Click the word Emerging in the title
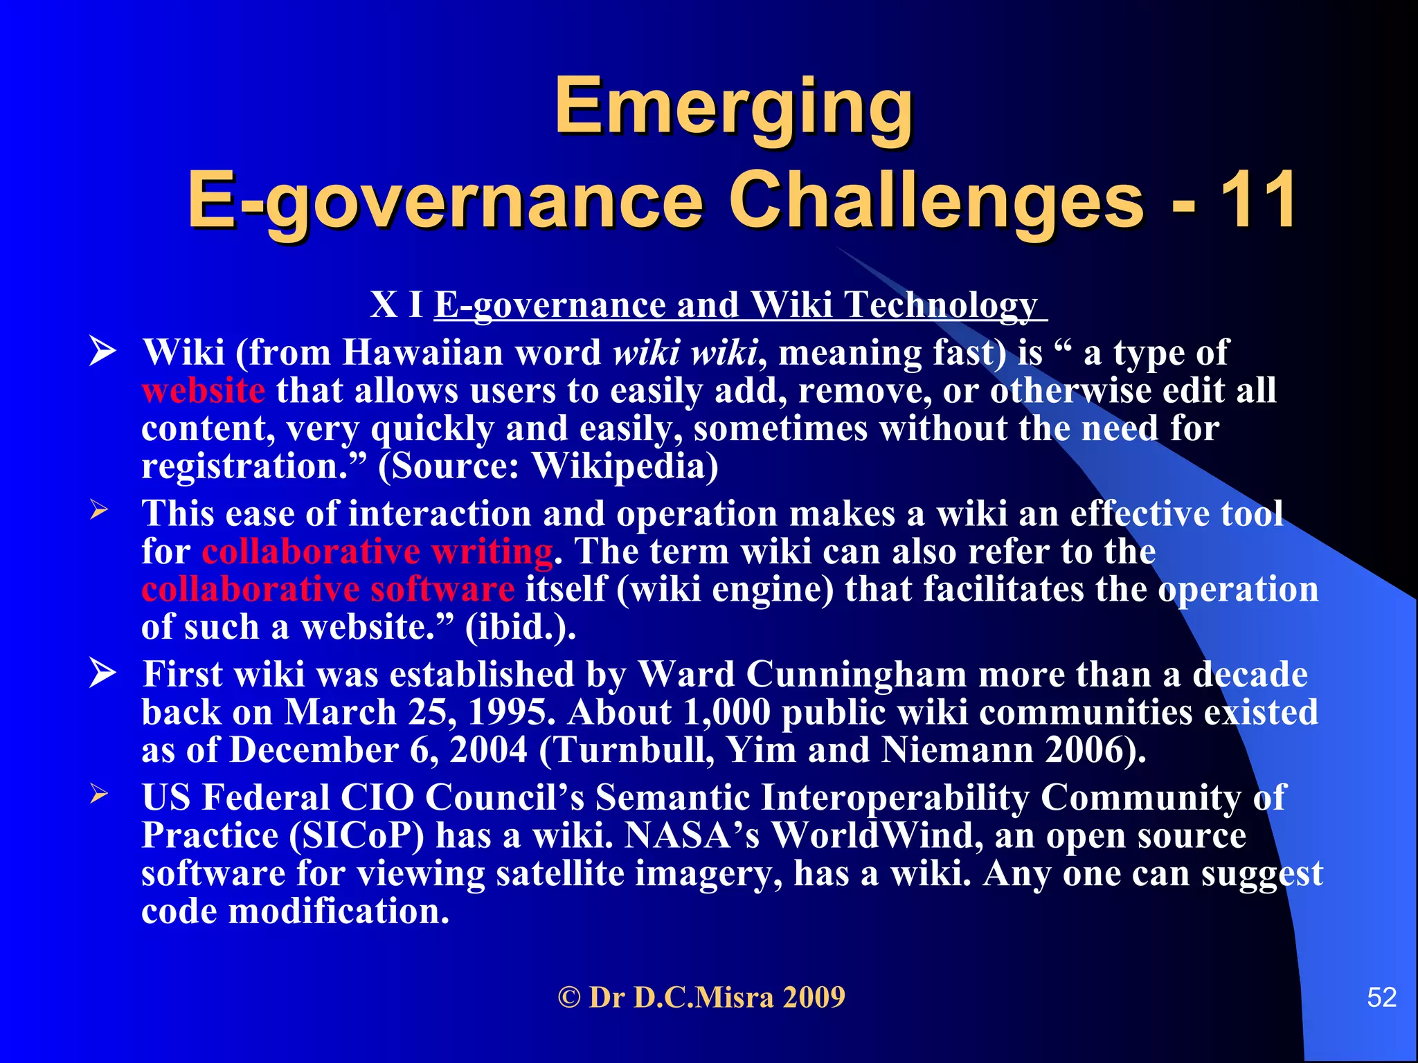[x=734, y=107]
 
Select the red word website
[x=203, y=391]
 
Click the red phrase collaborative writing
[x=377, y=552]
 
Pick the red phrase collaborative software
[x=327, y=590]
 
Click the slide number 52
[x=1381, y=997]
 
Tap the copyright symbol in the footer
[x=569, y=998]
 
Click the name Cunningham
[x=856, y=675]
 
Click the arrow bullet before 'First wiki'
[x=102, y=673]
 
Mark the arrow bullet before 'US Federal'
[x=99, y=794]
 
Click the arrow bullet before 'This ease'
[x=99, y=511]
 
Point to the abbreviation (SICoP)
[x=356, y=836]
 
